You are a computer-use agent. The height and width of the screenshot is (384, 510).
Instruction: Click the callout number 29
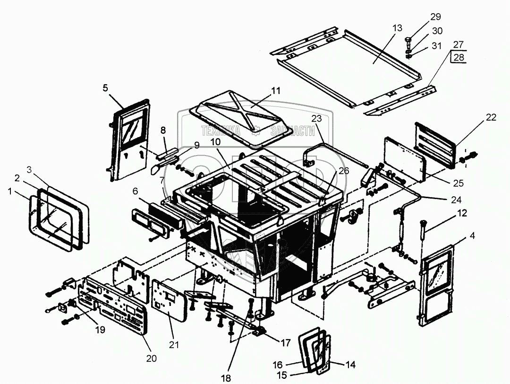tap(435, 17)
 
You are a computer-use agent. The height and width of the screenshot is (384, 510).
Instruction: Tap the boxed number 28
tap(459, 57)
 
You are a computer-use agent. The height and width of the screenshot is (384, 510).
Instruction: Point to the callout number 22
tap(491, 117)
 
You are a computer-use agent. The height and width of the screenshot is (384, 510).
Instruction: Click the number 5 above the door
tap(105, 88)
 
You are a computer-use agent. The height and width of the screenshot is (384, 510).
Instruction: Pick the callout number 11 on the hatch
tap(275, 91)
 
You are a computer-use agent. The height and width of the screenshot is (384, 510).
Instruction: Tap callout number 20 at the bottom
tap(151, 358)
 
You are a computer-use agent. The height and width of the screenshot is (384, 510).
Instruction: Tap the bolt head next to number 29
tap(409, 41)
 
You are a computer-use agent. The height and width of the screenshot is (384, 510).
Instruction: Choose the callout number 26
tap(343, 170)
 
